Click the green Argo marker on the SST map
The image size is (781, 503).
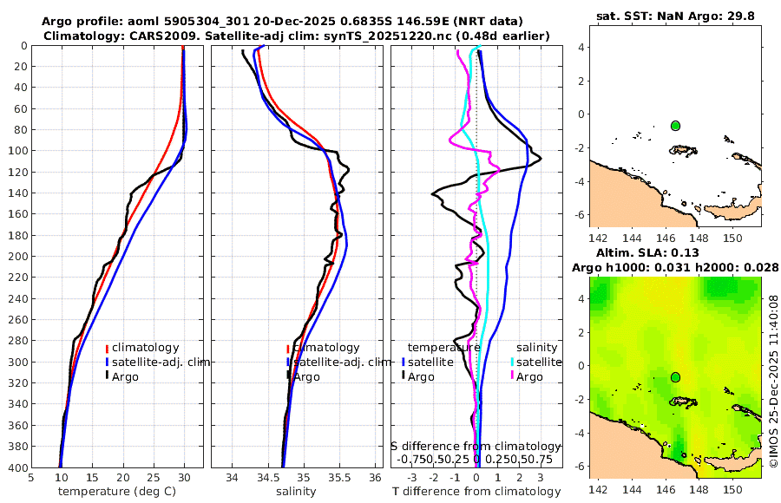(675, 126)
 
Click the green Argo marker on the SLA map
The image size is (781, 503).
(675, 377)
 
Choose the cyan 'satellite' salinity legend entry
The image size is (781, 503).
(528, 362)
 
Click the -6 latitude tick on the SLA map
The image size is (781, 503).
(581, 466)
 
